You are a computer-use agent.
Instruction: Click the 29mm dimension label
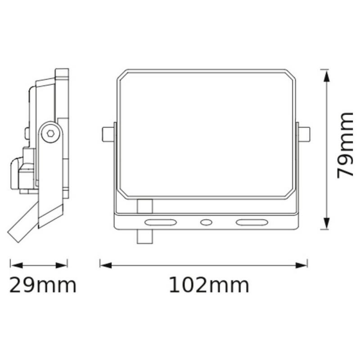[43, 285]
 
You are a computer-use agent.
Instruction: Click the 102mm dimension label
[209, 285]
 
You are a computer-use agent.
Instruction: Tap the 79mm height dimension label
[345, 145]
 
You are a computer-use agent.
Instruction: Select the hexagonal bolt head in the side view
[50, 133]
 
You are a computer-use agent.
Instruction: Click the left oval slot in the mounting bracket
[161, 222]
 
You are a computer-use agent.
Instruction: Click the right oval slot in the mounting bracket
[252, 222]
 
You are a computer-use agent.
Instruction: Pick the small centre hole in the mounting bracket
[206, 222]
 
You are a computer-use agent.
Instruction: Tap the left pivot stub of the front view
[108, 134]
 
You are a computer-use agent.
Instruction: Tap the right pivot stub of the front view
[304, 134]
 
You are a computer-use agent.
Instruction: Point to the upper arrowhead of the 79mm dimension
[327, 76]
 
